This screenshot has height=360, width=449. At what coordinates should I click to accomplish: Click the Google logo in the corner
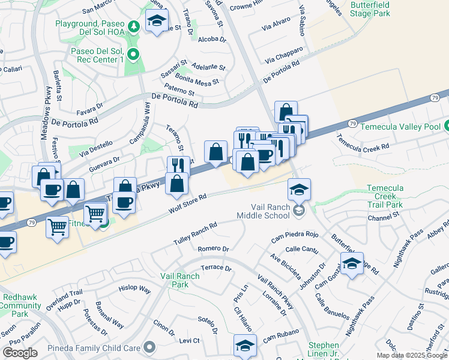(x=20, y=353)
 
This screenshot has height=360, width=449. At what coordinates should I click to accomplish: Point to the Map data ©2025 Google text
(x=412, y=355)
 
